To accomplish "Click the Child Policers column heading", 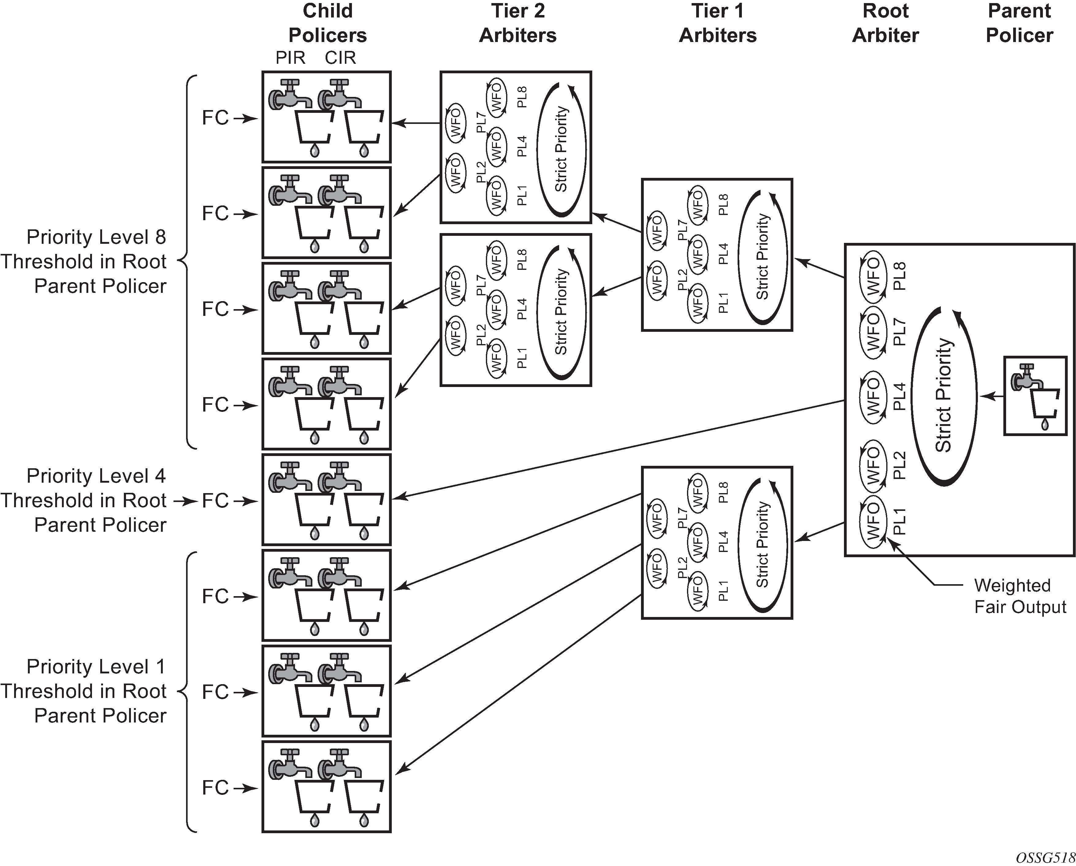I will point(327,23).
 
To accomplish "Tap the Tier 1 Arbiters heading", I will point(718,23).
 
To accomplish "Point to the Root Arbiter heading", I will point(885,23).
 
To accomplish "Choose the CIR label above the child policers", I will point(340,58).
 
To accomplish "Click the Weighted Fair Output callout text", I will point(1020,596).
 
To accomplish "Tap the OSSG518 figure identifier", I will point(1045,857).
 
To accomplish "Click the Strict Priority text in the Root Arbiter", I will point(943,395).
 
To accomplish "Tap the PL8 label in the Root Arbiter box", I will point(899,276).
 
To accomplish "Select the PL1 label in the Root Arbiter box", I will point(899,522).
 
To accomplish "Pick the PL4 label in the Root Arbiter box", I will point(899,397).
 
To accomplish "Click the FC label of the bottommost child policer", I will point(215,787).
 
